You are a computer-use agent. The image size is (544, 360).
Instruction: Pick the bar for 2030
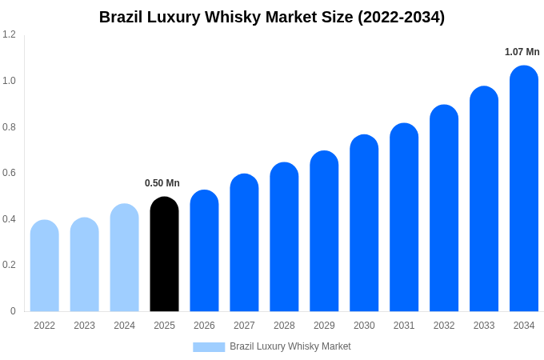364,223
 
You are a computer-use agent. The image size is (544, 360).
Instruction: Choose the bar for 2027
244,243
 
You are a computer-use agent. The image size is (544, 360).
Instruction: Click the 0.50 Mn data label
162,183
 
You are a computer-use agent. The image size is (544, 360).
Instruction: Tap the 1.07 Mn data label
522,52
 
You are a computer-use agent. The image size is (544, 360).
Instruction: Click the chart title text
272,17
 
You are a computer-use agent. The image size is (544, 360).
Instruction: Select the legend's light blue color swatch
209,346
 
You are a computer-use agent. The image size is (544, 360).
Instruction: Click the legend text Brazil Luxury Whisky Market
290,346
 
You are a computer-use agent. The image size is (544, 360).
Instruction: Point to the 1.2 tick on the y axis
9,34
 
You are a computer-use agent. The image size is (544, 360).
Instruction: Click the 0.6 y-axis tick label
9,173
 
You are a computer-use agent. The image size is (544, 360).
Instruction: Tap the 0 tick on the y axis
13,311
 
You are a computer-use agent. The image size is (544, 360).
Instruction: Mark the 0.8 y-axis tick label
9,127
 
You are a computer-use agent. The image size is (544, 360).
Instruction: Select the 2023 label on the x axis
84,326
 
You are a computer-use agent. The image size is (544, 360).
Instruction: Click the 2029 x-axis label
324,326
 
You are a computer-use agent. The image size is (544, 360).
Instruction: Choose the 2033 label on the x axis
484,326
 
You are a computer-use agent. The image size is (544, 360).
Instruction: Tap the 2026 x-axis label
204,326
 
